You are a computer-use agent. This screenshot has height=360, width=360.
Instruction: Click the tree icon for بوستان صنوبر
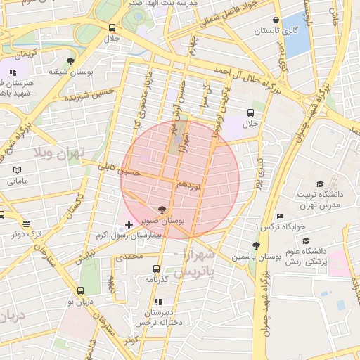click(162, 210)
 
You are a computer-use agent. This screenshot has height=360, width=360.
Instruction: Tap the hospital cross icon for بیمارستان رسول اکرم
click(128, 225)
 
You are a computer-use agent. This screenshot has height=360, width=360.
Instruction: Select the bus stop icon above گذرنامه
click(156, 269)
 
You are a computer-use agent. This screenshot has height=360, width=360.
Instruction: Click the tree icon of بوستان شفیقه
click(70, 61)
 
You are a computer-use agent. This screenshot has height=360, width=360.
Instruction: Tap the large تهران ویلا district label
click(60, 153)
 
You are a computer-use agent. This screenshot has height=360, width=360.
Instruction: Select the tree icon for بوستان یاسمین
click(256, 245)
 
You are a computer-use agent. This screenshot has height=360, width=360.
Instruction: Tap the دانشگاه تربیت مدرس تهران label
click(320, 199)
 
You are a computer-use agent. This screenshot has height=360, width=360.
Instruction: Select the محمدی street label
click(129, 257)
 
